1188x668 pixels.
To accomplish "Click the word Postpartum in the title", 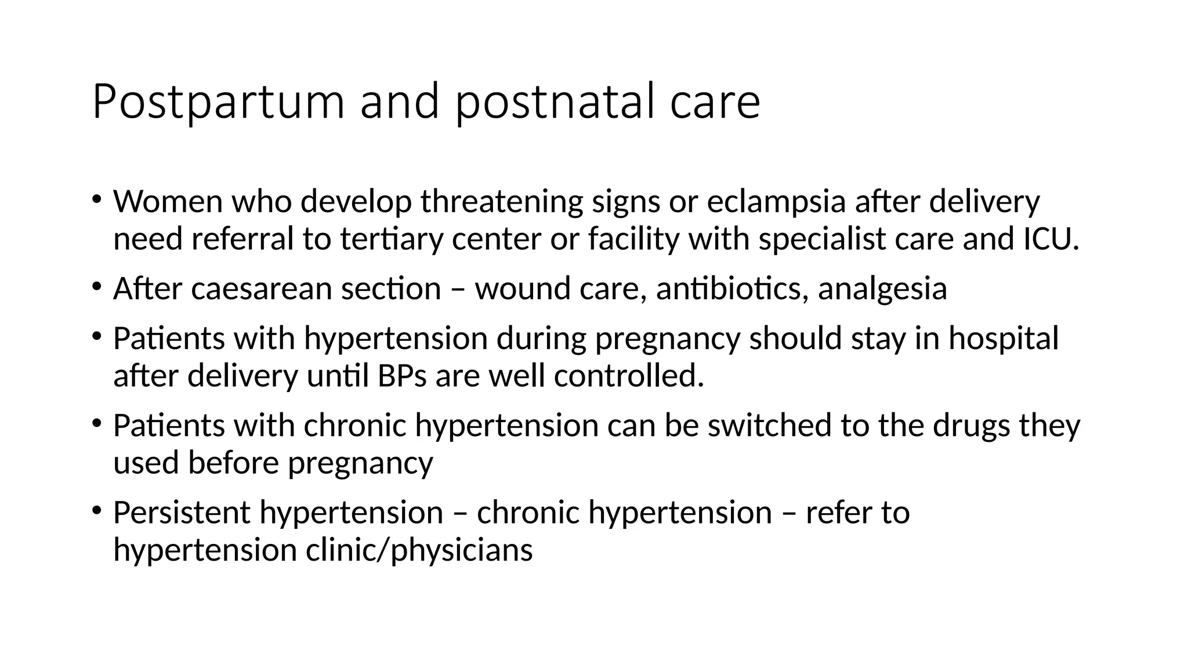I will click(x=218, y=102).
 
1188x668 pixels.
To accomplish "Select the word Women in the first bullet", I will click(x=168, y=202).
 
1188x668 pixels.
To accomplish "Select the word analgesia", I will click(x=882, y=289).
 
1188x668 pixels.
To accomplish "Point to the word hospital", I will click(x=1004, y=339).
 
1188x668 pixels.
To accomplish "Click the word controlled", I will click(x=629, y=376).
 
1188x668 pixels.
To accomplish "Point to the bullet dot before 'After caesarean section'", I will click(x=96, y=286).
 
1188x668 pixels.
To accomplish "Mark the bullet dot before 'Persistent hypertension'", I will click(x=96, y=510).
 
